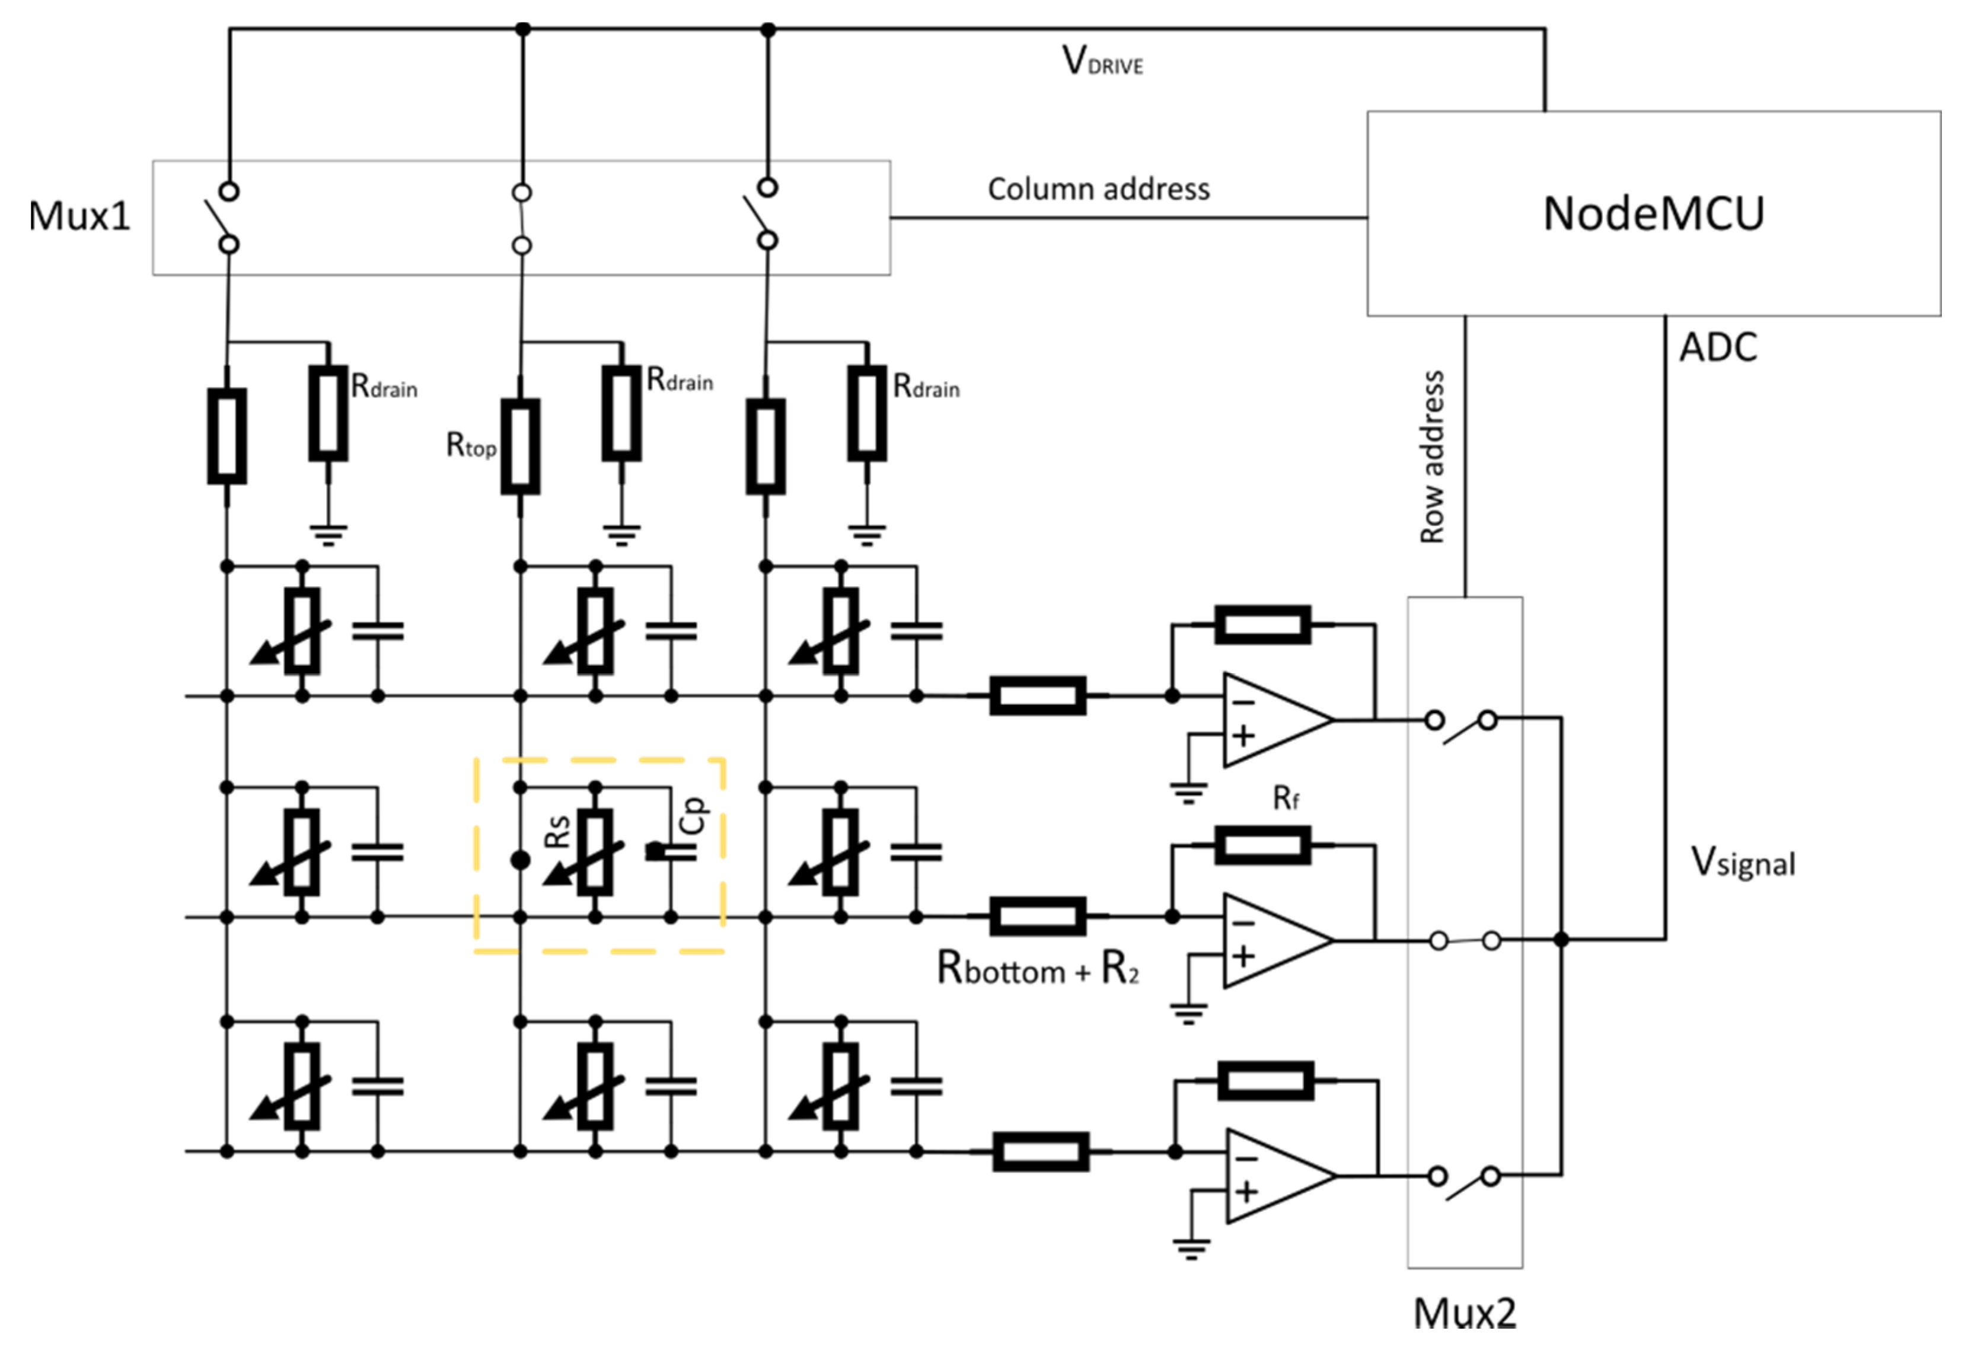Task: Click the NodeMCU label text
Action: click(x=1653, y=213)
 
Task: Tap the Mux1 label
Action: click(x=79, y=216)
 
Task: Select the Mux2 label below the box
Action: click(x=1465, y=1313)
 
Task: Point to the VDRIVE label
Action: click(x=1102, y=62)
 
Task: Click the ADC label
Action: click(x=1718, y=347)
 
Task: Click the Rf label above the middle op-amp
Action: click(x=1286, y=798)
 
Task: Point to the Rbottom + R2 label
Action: click(x=1037, y=968)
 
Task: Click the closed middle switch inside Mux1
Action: click(x=522, y=219)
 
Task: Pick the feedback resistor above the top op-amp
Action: click(x=1262, y=625)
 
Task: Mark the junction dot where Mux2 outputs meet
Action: click(x=1561, y=940)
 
